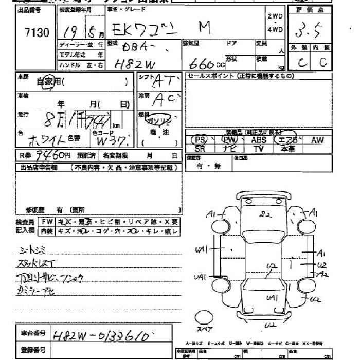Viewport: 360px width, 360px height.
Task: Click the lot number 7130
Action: [x=37, y=33]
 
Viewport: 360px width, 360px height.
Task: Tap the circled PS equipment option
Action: [x=199, y=139]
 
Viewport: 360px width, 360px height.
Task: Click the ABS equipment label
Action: [x=258, y=139]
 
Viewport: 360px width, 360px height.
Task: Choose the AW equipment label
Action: [x=317, y=139]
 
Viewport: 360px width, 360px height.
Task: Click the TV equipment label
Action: [x=258, y=148]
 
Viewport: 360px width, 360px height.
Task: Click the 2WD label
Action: [x=275, y=16]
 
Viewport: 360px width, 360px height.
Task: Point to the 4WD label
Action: [x=275, y=29]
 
